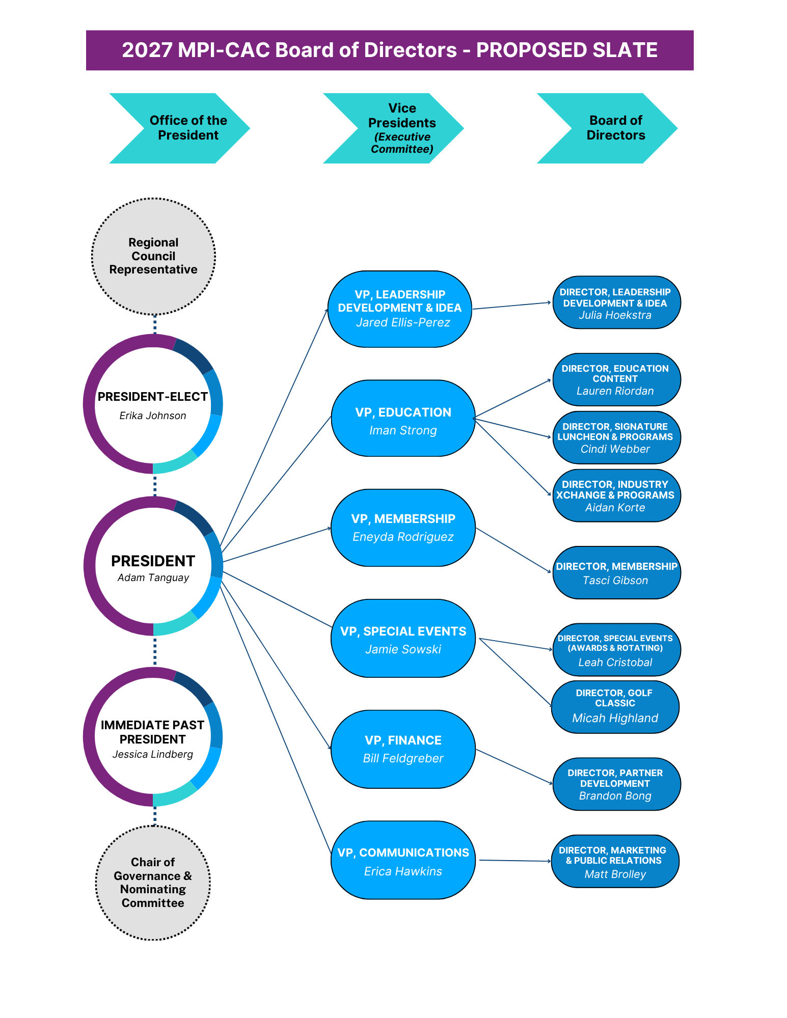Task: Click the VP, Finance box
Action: (x=403, y=749)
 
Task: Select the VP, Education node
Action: (x=403, y=418)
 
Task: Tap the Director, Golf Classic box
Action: (x=615, y=707)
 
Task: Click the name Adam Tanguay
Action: (x=153, y=577)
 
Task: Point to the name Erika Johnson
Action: (x=153, y=416)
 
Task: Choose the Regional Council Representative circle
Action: (x=153, y=256)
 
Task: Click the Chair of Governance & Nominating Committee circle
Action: (x=153, y=883)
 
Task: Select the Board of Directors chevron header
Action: (x=607, y=128)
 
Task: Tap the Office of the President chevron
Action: (x=179, y=128)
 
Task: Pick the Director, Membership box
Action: (x=616, y=572)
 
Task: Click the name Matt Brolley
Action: (x=615, y=874)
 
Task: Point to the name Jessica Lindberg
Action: (x=153, y=754)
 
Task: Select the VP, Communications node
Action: (x=403, y=860)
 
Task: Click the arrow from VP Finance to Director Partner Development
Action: (x=514, y=767)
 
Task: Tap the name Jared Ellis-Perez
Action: (x=403, y=322)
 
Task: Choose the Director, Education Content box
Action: (x=616, y=379)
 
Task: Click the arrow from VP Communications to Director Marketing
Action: (x=515, y=861)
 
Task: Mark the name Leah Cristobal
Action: (x=615, y=663)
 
